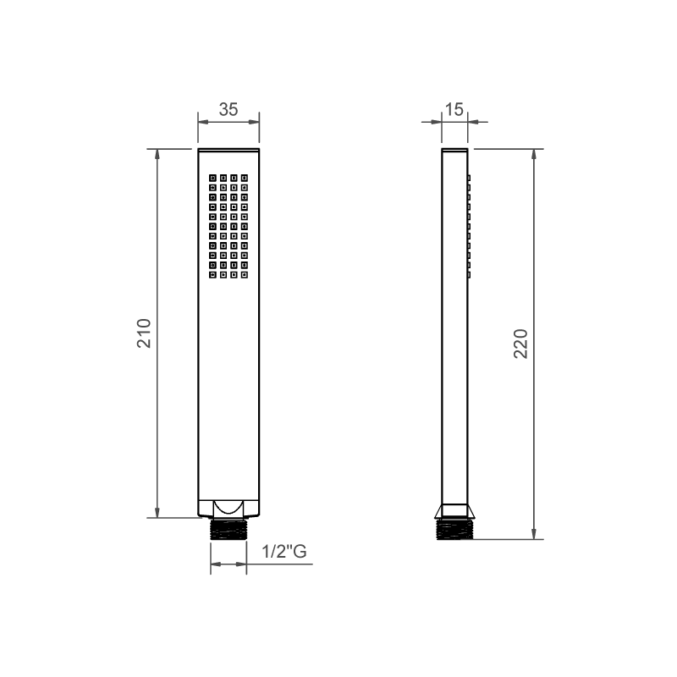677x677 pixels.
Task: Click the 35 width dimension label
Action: point(228,109)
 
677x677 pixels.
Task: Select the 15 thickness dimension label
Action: point(454,109)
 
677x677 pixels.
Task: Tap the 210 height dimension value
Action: point(144,333)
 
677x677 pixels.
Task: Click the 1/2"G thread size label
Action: point(283,553)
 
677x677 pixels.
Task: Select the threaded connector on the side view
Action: point(454,529)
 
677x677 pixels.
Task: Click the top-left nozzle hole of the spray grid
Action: point(212,178)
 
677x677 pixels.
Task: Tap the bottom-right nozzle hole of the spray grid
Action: point(244,274)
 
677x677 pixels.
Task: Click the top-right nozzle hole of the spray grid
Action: point(244,178)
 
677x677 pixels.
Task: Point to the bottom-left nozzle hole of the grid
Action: point(212,274)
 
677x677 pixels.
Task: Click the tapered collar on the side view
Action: point(454,511)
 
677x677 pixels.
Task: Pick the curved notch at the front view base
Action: point(228,507)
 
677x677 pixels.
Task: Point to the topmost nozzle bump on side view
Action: point(468,179)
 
